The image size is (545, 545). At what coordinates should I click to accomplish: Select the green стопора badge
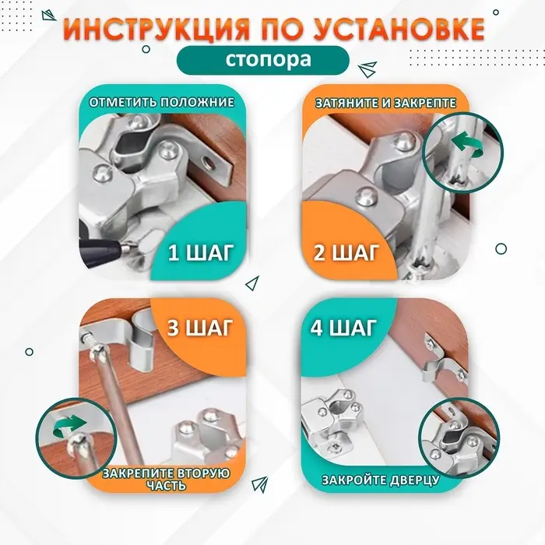269,60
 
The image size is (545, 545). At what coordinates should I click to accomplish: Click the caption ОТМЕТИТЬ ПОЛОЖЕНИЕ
161,102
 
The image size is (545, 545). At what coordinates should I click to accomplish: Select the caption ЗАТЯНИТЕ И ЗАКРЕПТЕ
385,102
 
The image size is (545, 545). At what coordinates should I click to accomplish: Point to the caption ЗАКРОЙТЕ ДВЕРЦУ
380,480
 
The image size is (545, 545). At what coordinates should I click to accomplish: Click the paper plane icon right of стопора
371,68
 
